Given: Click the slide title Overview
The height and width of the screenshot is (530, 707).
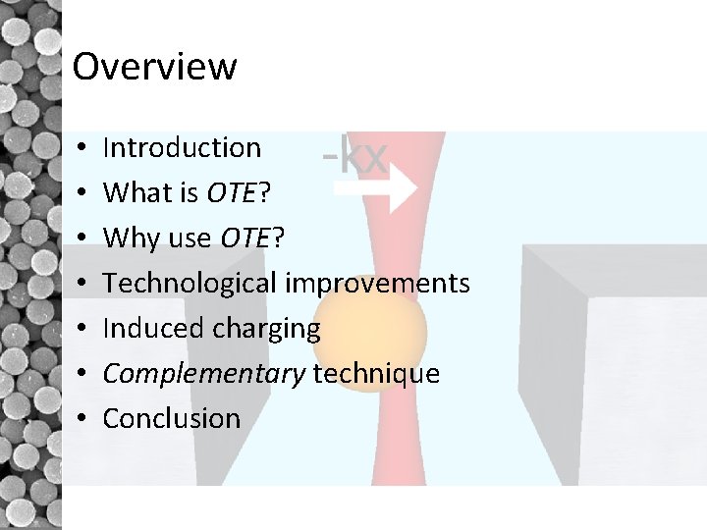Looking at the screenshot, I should (154, 67).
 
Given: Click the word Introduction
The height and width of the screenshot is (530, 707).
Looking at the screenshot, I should (182, 147).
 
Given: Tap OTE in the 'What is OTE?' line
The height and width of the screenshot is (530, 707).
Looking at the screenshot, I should (232, 192).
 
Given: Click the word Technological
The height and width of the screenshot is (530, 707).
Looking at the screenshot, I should (190, 283).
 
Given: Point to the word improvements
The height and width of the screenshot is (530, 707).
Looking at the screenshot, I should (378, 283).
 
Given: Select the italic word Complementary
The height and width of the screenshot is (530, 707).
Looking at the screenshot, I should (204, 373).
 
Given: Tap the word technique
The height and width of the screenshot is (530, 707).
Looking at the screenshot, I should (376, 373).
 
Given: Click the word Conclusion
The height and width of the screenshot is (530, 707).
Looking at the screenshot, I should (172, 418).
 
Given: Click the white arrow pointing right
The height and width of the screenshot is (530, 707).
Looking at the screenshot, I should (374, 190).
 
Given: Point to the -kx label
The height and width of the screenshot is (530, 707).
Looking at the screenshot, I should (355, 156).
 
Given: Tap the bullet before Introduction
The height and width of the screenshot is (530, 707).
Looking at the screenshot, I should (79, 148).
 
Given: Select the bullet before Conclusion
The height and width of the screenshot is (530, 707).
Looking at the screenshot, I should (79, 419).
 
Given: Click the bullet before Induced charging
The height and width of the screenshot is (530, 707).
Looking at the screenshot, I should (79, 329).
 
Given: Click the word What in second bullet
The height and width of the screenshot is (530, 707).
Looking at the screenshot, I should (136, 192).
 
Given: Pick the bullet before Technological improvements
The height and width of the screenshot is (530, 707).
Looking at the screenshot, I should (79, 284).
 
